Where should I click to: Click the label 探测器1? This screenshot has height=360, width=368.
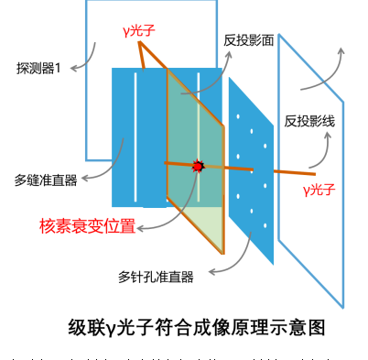tap(38, 68)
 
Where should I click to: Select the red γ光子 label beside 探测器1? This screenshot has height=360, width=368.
tap(138, 30)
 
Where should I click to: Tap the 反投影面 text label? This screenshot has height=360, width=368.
tap(249, 40)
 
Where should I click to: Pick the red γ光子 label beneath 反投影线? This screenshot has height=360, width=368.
tap(319, 191)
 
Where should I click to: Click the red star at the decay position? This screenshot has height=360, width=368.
tap(198, 167)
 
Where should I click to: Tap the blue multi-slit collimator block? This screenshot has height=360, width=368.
tap(137, 137)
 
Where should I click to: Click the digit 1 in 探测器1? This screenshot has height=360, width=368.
tap(57, 68)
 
